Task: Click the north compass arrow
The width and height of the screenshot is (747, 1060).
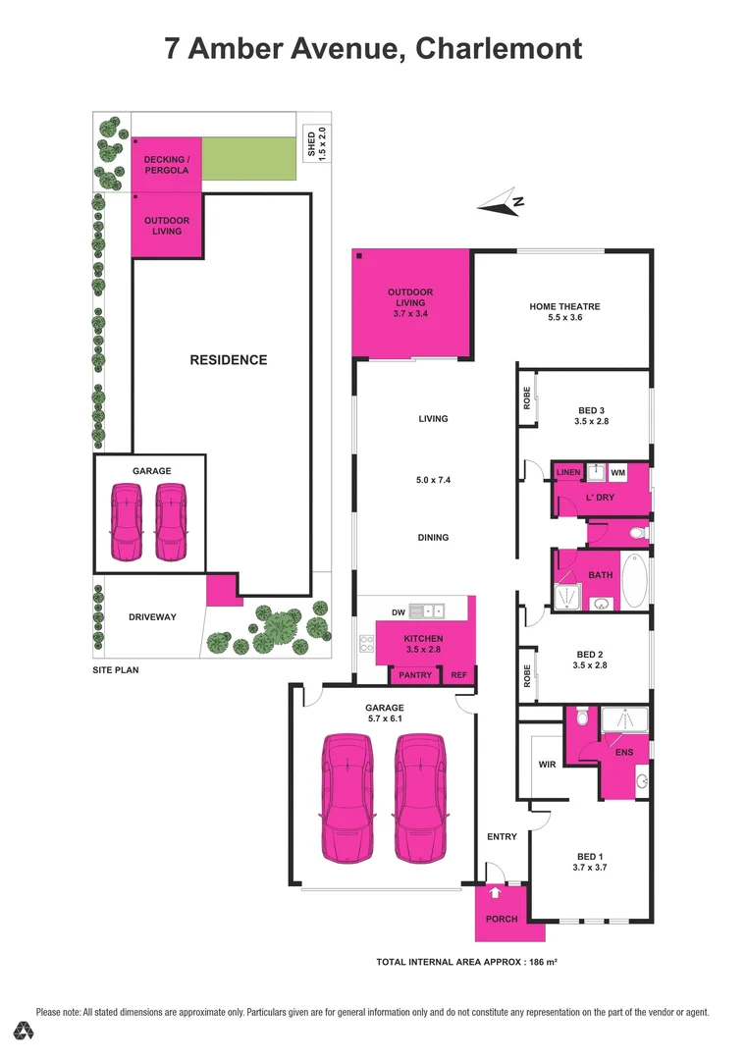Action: pos(502,203)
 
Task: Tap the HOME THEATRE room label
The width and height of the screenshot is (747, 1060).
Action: pos(564,306)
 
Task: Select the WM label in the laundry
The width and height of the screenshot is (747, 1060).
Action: pos(617,473)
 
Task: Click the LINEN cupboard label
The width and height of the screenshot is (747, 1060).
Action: pos(568,473)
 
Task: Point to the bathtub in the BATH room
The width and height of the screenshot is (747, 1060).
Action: pos(635,581)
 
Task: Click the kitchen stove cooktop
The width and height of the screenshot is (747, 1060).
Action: pos(367,644)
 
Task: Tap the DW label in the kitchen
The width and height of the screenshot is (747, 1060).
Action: pos(398,612)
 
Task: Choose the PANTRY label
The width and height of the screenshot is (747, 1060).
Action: pos(416,675)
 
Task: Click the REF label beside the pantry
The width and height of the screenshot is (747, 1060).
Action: pos(458,675)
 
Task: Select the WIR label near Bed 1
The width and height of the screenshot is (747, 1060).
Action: pos(548,763)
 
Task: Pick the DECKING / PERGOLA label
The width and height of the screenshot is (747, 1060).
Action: pos(166,164)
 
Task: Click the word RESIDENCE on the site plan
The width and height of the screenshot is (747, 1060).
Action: pos(228,360)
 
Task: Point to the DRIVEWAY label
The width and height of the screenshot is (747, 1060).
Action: pos(152,616)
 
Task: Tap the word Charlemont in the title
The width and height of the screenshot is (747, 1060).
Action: pos(499,48)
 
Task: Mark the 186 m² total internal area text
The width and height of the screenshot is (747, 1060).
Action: pos(539,962)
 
